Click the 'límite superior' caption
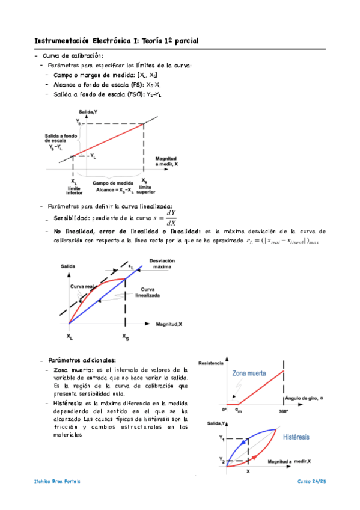click(x=145, y=190)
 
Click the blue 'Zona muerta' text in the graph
click(x=251, y=373)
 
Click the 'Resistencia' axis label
click(x=211, y=363)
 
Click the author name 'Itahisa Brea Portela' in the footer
click(x=57, y=482)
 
